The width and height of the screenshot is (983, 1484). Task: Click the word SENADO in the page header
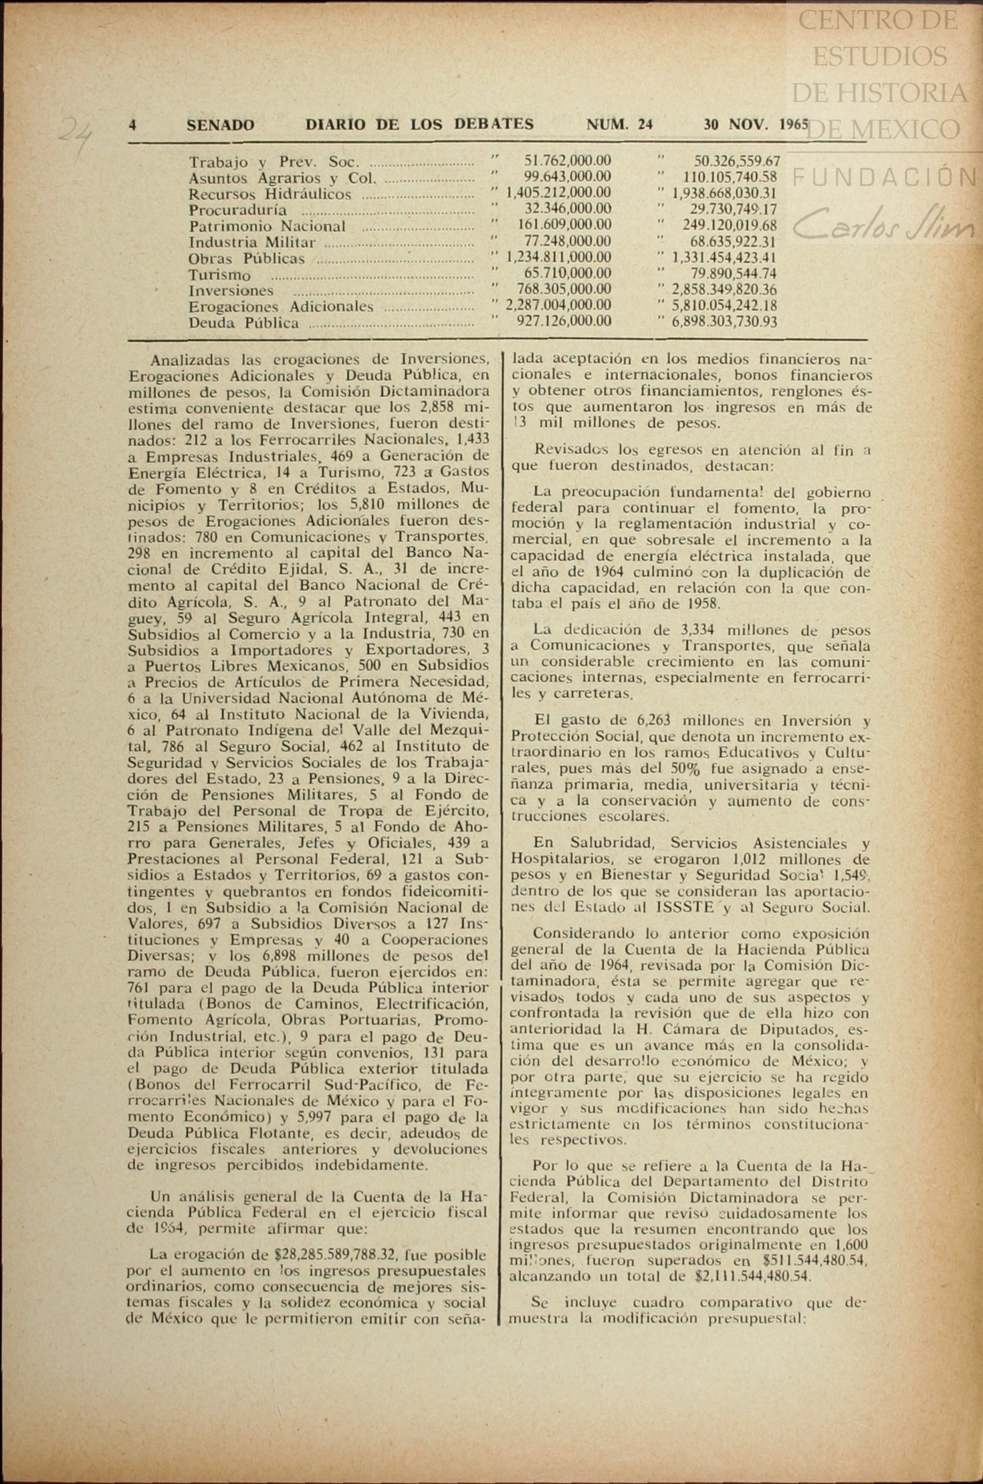(220, 125)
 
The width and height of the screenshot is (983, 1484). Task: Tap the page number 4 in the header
(133, 125)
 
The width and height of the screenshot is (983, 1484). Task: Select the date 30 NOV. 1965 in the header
(756, 124)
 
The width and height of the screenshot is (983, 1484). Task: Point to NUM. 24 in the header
(619, 124)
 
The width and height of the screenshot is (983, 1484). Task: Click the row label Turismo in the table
(219, 275)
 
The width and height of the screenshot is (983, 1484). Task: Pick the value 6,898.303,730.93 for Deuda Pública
(724, 322)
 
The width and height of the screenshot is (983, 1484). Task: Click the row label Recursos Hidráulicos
(269, 195)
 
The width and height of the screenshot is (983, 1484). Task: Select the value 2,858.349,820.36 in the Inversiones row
(724, 290)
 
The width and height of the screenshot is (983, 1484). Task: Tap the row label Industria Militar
(252, 243)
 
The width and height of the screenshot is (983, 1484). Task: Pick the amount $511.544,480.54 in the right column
(809, 1260)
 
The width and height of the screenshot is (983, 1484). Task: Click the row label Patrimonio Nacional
(267, 227)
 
